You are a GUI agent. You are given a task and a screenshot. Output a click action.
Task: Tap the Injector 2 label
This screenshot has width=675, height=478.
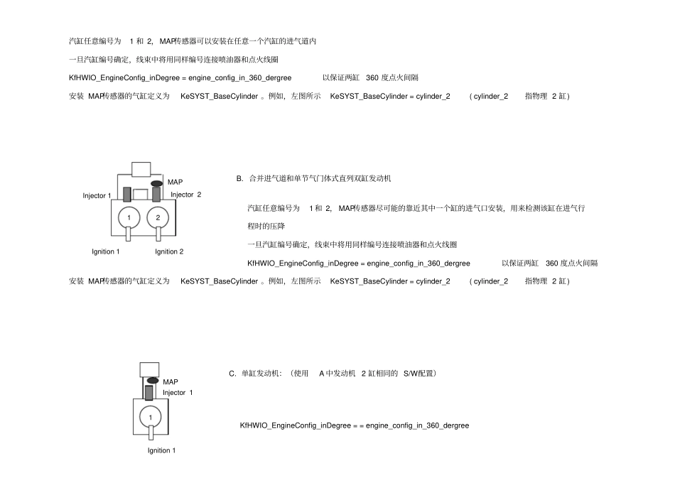(x=186, y=195)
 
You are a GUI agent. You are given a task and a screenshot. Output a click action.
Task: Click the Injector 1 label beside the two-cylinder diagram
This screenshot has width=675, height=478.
(x=97, y=196)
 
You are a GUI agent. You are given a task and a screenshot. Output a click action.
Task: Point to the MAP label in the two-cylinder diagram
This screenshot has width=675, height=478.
(x=175, y=182)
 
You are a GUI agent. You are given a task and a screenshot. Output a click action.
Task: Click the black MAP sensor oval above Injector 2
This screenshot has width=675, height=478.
(x=157, y=184)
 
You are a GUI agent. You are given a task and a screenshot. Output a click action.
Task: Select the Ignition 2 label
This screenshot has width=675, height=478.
(x=169, y=251)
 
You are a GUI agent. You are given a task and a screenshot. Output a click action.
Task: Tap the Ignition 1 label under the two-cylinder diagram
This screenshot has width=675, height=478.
(x=105, y=251)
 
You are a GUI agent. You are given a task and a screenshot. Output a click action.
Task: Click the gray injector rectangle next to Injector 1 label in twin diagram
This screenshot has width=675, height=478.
(x=127, y=194)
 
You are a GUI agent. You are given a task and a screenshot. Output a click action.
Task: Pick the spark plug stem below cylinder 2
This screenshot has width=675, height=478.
(x=158, y=234)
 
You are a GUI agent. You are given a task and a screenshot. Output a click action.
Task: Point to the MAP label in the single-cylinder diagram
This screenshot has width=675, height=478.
(x=171, y=382)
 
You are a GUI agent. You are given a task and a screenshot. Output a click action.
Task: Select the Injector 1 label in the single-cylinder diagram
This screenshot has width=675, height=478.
(x=178, y=392)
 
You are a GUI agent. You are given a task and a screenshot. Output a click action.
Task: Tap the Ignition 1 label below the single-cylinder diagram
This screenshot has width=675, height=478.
(x=161, y=450)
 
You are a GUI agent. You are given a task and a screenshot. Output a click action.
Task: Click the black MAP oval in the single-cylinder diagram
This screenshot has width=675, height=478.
(x=153, y=380)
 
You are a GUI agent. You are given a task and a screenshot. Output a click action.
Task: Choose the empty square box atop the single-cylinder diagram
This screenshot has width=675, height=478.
(x=149, y=370)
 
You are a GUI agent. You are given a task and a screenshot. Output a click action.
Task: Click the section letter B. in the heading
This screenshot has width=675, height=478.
(x=239, y=178)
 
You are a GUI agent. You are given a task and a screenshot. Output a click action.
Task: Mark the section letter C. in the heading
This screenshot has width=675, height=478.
(x=232, y=374)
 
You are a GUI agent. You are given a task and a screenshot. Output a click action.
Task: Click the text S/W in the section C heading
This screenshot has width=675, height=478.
(x=411, y=374)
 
